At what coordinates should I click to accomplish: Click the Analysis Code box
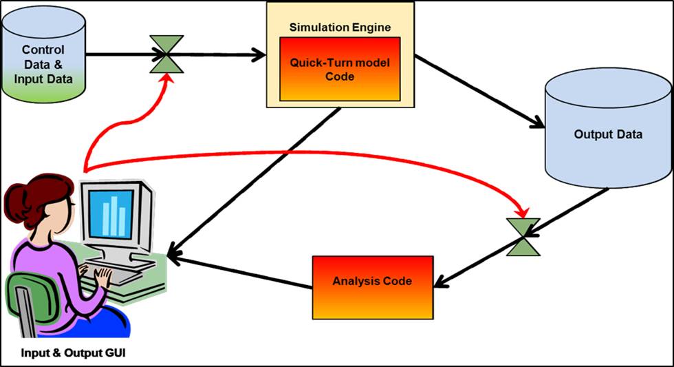(x=372, y=282)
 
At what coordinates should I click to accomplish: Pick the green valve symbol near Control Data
(x=167, y=54)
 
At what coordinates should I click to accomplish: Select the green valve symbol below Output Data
(x=523, y=237)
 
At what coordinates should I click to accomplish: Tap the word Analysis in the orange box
(x=354, y=282)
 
